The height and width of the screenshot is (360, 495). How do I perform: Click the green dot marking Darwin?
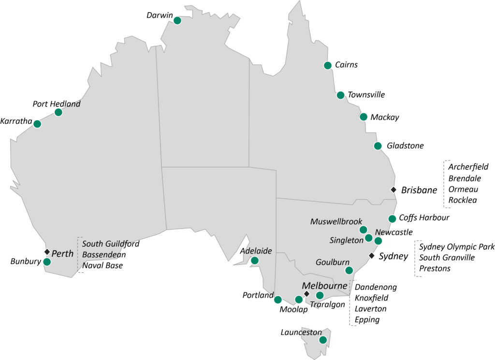(177, 20)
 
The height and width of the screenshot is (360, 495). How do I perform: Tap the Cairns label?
(346, 65)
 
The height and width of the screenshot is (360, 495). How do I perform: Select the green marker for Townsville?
(340, 95)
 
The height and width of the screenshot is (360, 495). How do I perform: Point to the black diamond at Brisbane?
(393, 190)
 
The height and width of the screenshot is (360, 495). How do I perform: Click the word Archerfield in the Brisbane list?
(468, 167)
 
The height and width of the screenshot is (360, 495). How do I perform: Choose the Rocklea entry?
(463, 200)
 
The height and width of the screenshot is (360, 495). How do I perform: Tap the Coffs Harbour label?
(424, 218)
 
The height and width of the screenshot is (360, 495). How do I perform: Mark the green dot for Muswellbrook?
(363, 230)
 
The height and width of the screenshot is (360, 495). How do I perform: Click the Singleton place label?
(346, 240)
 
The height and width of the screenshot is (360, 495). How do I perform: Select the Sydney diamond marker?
(371, 255)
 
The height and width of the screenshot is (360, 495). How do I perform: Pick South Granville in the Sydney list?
(447, 257)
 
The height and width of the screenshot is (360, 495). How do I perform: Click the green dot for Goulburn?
(349, 270)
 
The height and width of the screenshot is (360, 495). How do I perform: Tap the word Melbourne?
(324, 285)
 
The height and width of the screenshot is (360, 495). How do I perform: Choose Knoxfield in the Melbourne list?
(371, 298)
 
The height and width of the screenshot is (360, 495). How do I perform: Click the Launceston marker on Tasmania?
(323, 340)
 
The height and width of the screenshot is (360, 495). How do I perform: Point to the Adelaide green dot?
(255, 261)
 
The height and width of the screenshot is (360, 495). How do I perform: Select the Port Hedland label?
(57, 104)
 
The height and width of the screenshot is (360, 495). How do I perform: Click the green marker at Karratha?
(37, 124)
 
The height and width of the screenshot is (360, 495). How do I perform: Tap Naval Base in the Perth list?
(102, 265)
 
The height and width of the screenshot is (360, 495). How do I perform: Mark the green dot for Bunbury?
(47, 262)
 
